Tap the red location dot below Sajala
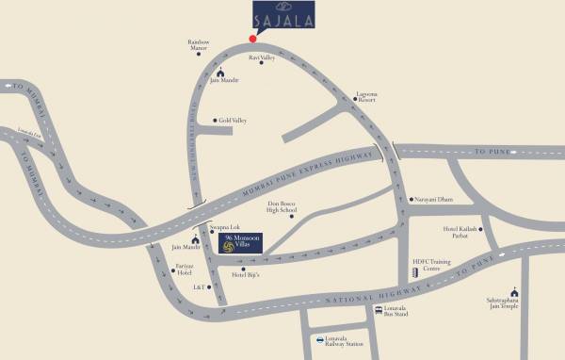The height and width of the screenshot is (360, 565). pyautogui.click(x=251, y=39)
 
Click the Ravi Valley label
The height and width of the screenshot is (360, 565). pyautogui.click(x=261, y=57)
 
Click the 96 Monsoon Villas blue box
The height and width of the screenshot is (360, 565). pyautogui.click(x=240, y=244)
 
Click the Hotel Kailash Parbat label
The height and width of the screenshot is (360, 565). pyautogui.click(x=462, y=232)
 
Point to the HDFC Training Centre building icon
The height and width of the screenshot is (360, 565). pyautogui.click(x=414, y=272)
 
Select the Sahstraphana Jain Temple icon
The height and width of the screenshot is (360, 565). pyautogui.click(x=514, y=291)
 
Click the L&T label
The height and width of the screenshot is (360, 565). pyautogui.click(x=200, y=286)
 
